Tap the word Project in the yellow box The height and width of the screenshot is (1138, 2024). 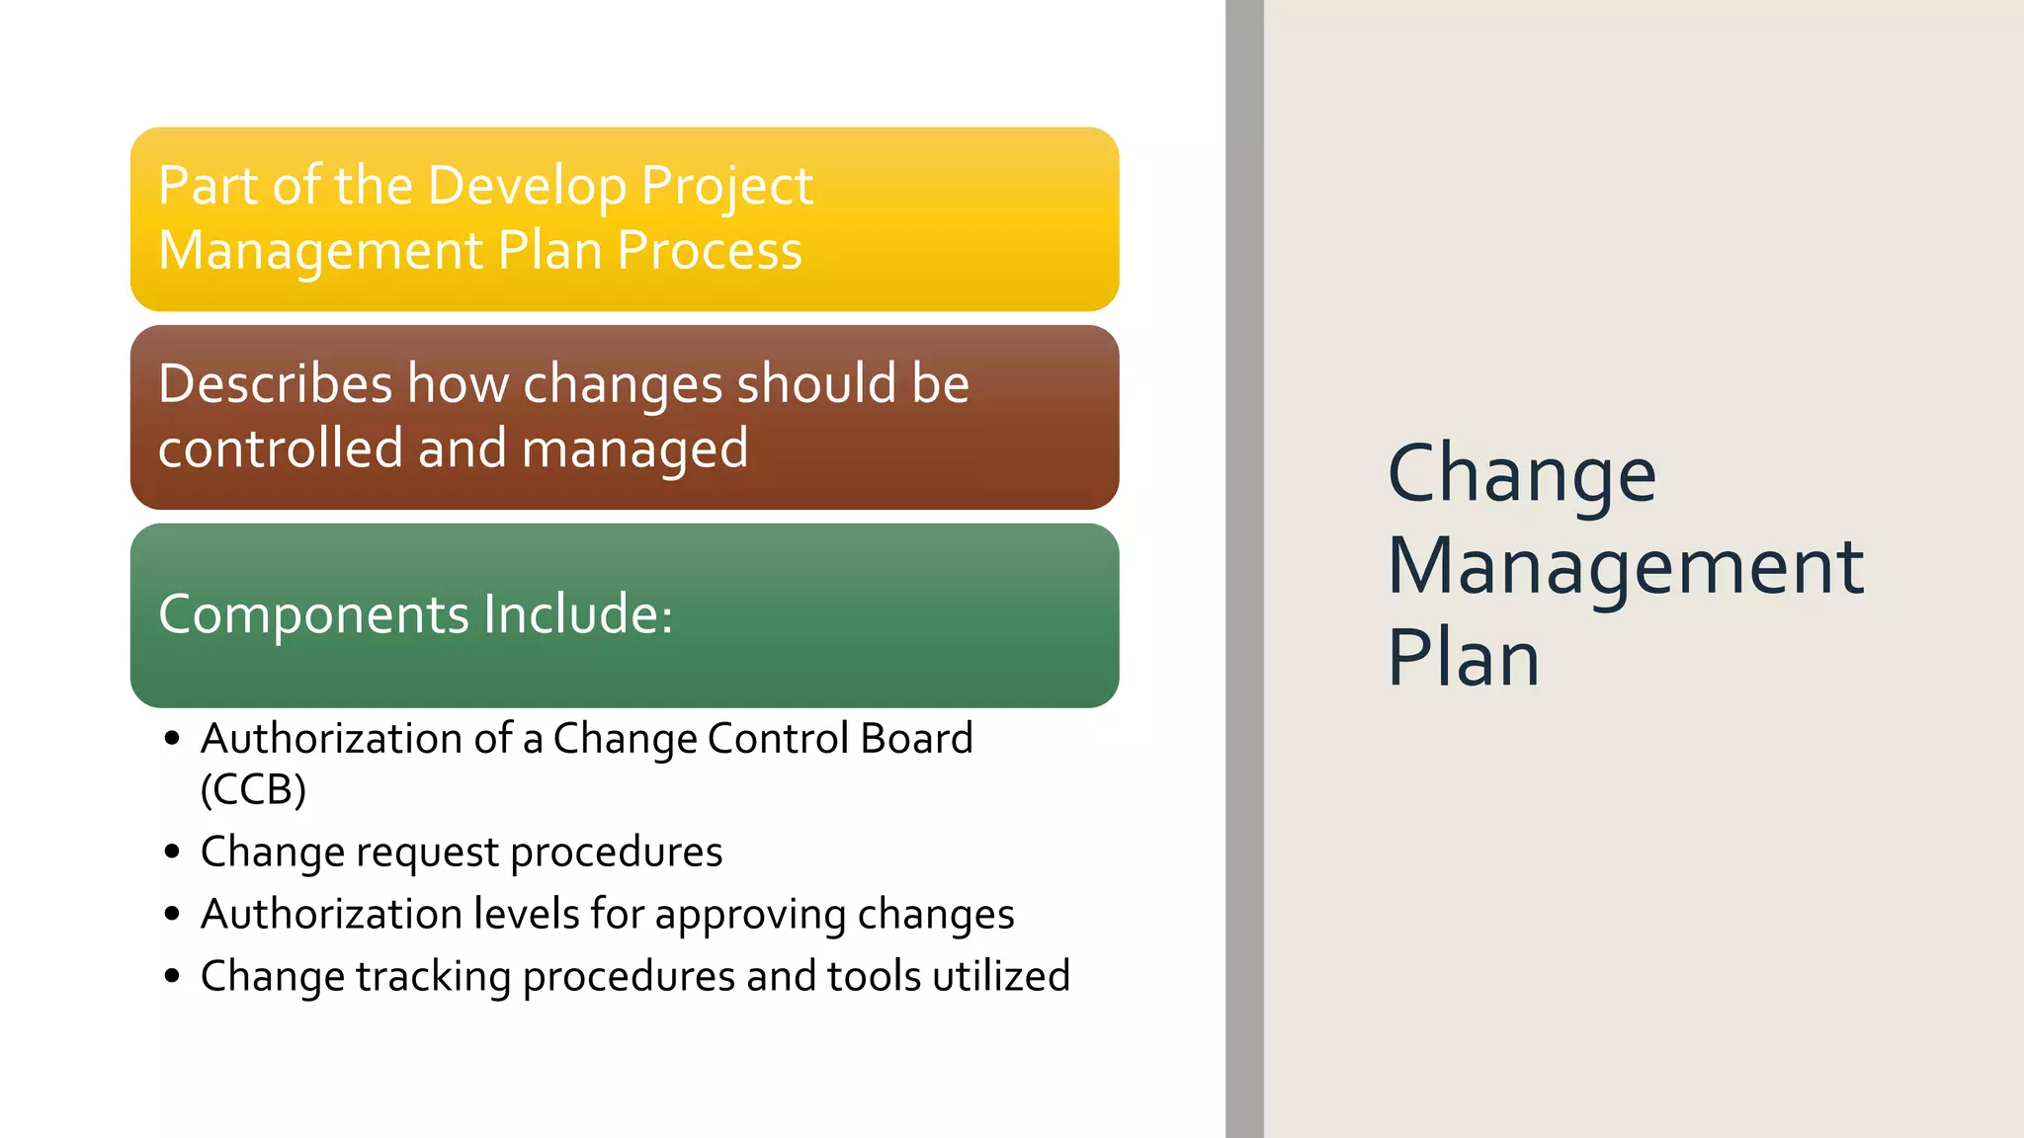pos(726,188)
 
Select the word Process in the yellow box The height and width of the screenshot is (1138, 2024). pos(710,251)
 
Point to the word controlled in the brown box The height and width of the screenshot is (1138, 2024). pos(280,448)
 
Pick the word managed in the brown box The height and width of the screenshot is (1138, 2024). pos(634,450)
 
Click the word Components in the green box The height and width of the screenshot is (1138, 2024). pos(313,615)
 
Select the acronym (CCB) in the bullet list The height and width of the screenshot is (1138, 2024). pos(253,789)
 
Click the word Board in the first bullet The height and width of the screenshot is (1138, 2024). pos(916,739)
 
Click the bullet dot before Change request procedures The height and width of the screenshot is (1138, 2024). pos(173,852)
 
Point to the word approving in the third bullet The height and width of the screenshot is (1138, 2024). pos(750,916)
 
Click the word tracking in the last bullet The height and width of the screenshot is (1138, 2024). pos(433,977)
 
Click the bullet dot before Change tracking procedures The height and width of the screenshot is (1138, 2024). pos(173,976)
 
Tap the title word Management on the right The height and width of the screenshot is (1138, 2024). pos(1625,567)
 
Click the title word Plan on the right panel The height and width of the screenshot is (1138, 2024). pos(1463,658)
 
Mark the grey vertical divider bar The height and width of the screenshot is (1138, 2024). pos(1244,569)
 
